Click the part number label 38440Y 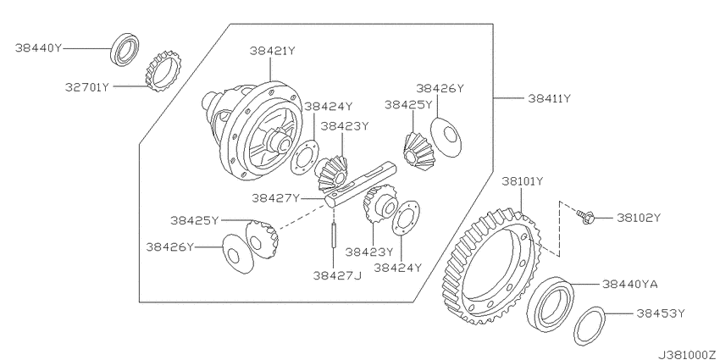[38, 47]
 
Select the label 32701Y [87, 86]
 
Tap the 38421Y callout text [272, 51]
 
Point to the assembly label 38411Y [549, 98]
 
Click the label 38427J [337, 275]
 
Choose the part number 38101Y [522, 181]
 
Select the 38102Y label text [639, 218]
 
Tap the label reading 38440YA [630, 285]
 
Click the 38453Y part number [661, 313]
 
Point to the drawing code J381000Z [688, 355]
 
